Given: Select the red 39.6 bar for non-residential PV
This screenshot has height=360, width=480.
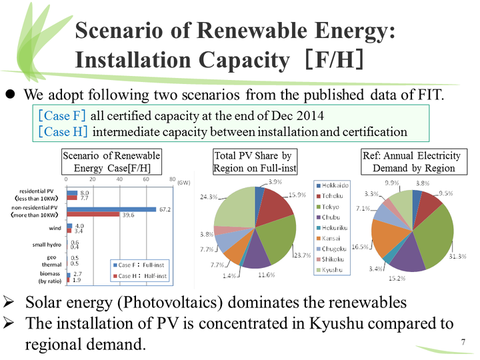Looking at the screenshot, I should [93, 215].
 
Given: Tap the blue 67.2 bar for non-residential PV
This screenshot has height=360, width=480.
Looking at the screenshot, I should [111, 209].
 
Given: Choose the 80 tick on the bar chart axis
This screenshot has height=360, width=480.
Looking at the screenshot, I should [172, 179].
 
